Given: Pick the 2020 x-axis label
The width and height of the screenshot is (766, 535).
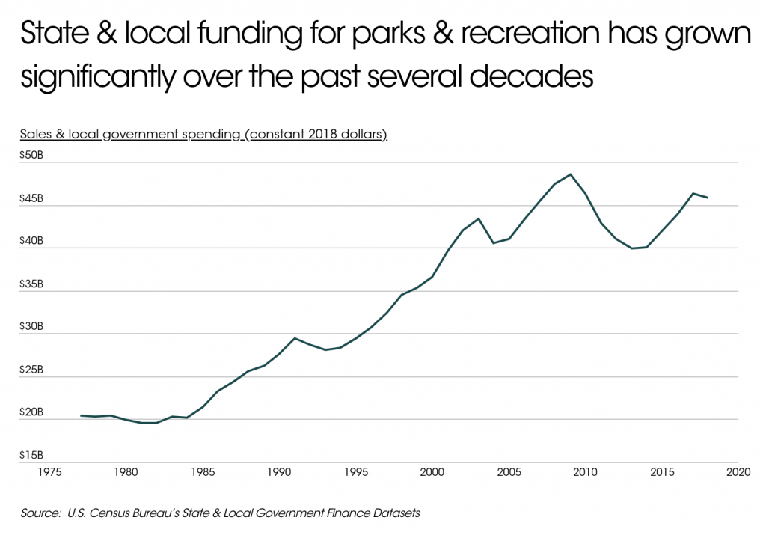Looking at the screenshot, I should [738, 473].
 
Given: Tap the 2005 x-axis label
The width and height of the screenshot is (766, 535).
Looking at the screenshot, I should [509, 473].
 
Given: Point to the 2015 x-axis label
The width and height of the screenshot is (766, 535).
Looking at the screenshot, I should [661, 473].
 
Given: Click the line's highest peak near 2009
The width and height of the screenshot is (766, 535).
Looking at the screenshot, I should [571, 174].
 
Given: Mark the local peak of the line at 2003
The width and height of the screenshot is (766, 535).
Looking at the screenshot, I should [479, 218].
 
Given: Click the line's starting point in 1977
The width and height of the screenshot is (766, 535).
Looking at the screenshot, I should [81, 415].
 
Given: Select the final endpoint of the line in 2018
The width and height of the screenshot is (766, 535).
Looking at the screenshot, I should [708, 198].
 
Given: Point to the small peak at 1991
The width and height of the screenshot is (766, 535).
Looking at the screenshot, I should [295, 338].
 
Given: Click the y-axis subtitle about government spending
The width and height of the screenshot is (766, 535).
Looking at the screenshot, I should [203, 135].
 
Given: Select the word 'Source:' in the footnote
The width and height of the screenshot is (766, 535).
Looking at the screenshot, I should [39, 513].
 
